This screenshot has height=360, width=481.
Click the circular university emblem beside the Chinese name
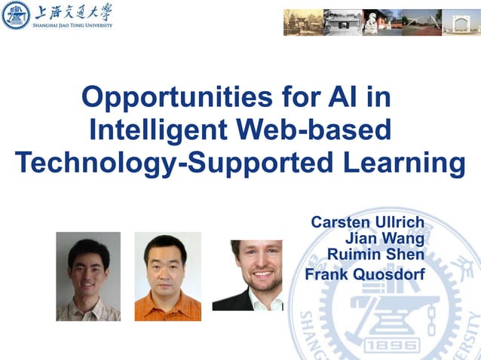point(16,15)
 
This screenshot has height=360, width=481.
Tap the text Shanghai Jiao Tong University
point(72,25)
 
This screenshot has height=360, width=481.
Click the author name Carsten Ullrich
point(367,223)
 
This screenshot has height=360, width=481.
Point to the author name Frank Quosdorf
point(364,273)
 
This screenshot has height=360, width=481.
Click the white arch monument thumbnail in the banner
point(461,22)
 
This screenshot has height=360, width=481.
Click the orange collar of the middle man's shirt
point(167,296)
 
